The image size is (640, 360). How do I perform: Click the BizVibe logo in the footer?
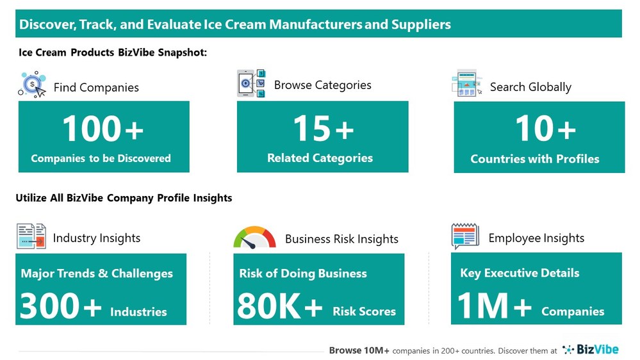(590, 349)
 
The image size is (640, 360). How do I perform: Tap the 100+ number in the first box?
(103, 129)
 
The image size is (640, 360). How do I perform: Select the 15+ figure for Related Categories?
(323, 129)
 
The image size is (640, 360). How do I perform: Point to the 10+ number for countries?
(546, 129)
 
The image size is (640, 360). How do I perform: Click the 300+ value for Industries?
(61, 306)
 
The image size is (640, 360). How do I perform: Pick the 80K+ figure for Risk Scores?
(280, 306)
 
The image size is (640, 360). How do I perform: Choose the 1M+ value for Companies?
(495, 306)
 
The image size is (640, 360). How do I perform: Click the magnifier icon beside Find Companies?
(32, 85)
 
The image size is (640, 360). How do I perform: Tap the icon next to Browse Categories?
(251, 84)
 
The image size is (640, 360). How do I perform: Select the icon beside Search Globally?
(467, 84)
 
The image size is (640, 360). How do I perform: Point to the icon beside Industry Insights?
(31, 236)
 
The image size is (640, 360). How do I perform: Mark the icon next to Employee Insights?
(465, 236)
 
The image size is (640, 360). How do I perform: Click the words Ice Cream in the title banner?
(229, 25)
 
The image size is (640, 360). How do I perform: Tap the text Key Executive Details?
(520, 273)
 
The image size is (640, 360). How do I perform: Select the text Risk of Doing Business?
(303, 274)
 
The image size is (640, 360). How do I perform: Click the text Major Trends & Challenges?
(97, 274)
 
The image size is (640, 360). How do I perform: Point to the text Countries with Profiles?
(535, 159)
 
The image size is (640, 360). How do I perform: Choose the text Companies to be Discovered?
(101, 158)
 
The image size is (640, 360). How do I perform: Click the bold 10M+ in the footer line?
(377, 350)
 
